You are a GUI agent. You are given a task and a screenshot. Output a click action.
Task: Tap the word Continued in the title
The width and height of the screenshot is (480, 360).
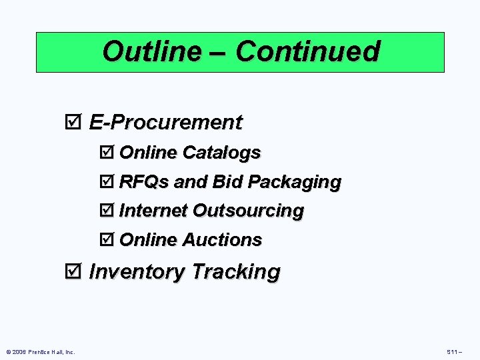pos(307,51)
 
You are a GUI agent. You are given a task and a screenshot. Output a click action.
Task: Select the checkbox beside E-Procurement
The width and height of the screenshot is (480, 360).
pos(74,123)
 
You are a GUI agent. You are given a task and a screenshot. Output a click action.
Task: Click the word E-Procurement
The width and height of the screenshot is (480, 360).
pos(165,123)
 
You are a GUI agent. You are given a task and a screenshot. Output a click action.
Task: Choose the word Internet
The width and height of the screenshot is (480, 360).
pos(153,211)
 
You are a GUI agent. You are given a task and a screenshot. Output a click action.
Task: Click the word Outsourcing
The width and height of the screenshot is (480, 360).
pos(247,211)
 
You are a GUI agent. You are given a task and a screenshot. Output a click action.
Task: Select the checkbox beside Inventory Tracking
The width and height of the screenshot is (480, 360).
pos(74,272)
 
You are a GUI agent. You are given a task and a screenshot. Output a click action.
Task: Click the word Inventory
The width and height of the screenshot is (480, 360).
pos(137,272)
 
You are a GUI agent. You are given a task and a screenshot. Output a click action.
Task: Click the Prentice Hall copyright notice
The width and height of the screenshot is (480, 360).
pos(41,352)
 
